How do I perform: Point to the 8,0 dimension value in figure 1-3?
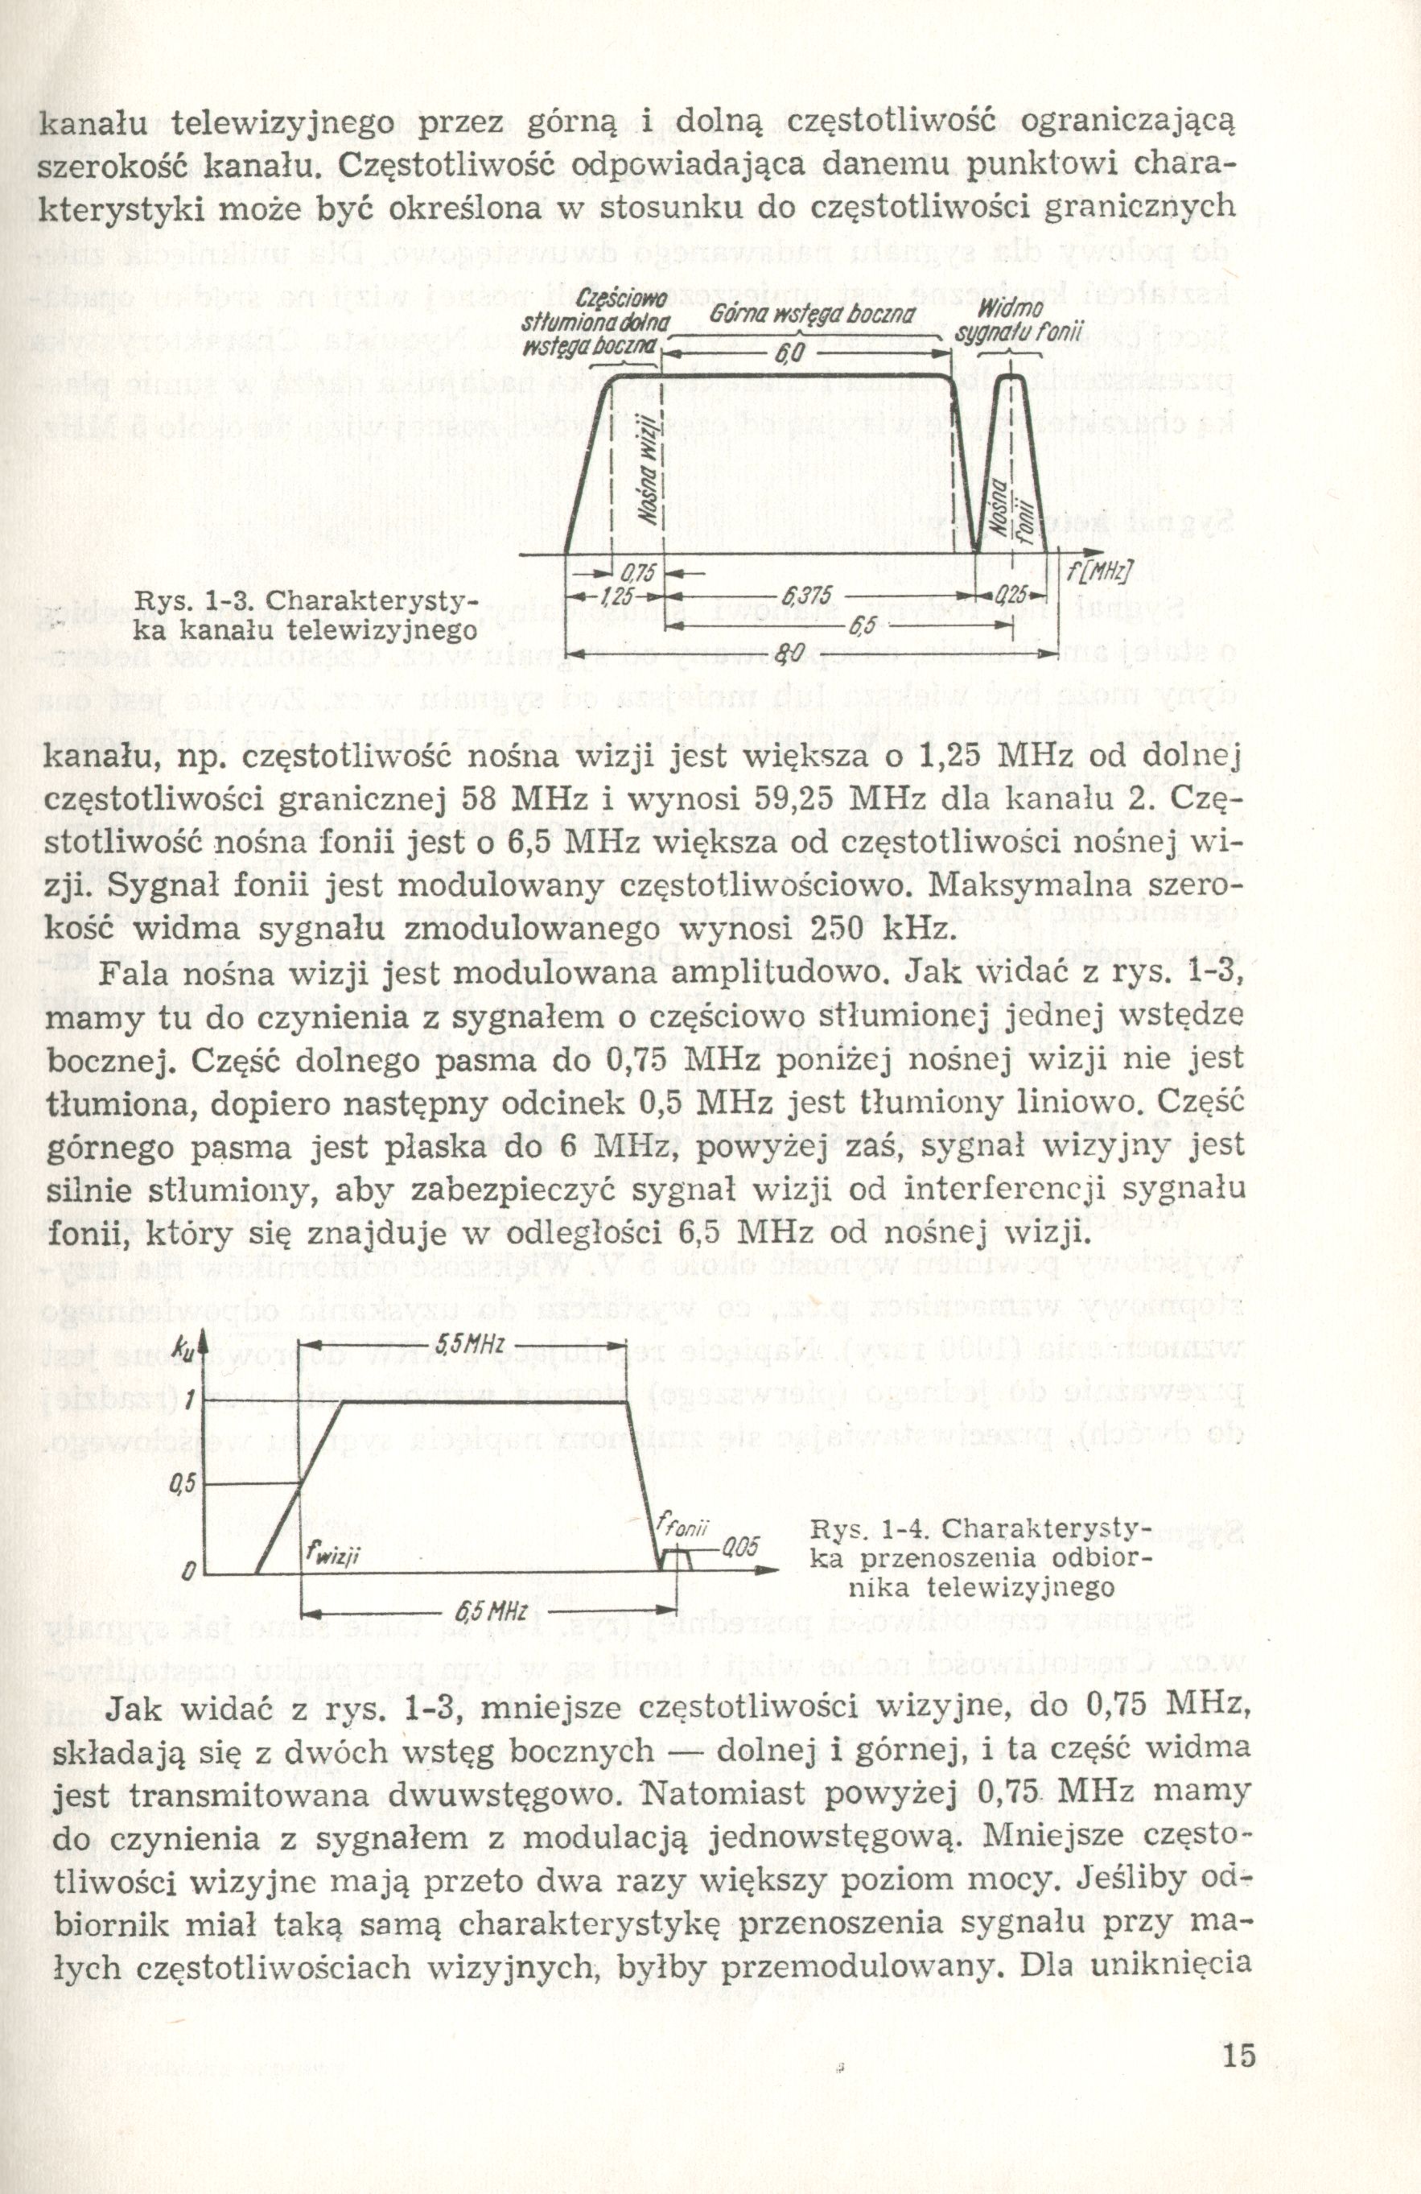click(788, 654)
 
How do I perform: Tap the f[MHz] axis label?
click(1099, 570)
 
